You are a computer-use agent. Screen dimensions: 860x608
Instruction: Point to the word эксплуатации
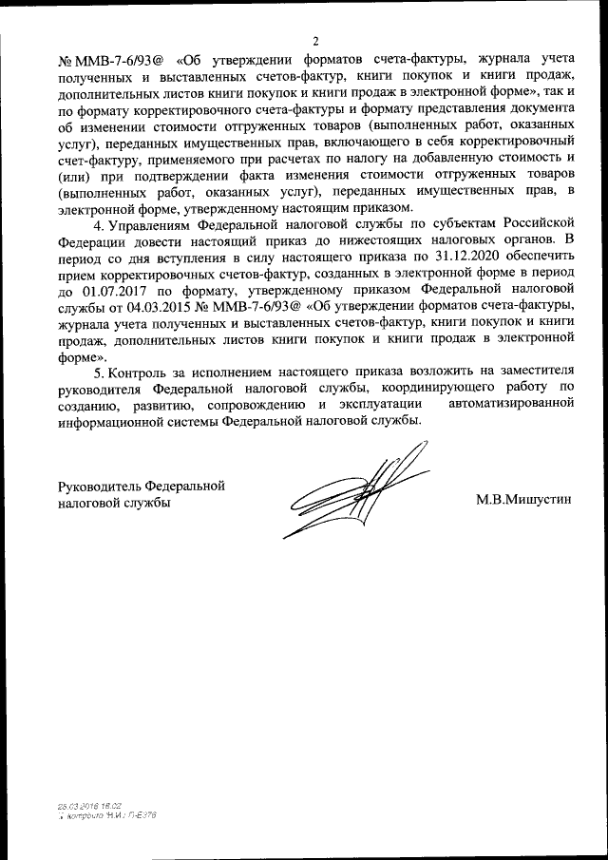tap(372, 405)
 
